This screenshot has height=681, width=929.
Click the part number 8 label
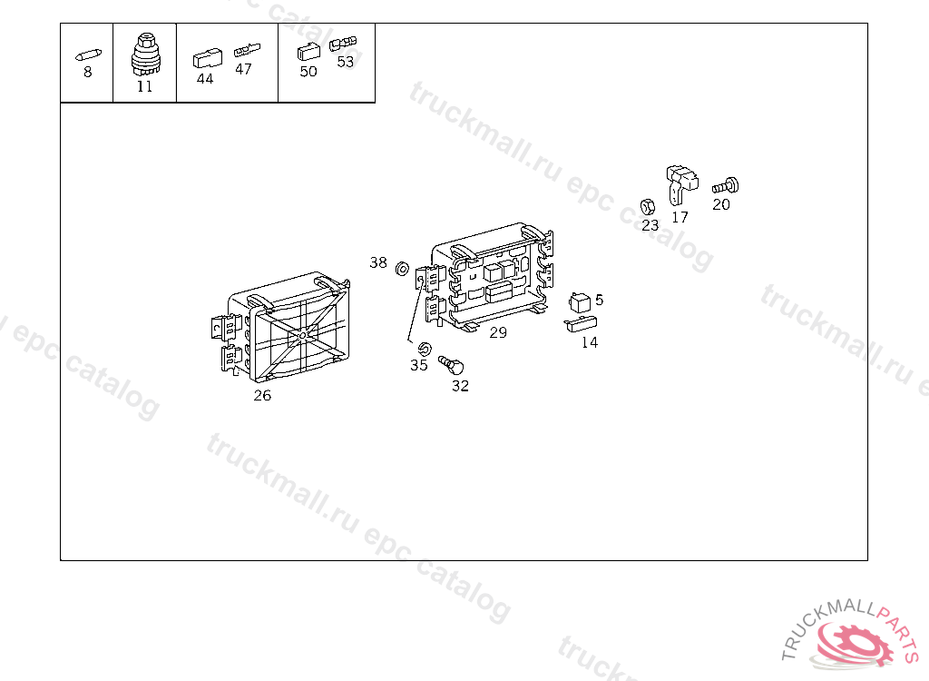(88, 73)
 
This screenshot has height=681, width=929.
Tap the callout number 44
(205, 79)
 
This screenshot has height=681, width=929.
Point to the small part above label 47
(247, 50)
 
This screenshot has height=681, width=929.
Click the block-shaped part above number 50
(308, 52)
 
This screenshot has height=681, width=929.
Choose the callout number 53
(346, 62)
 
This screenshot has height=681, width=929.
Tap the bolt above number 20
(726, 186)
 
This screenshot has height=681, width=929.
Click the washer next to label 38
(402, 269)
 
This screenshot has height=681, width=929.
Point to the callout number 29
(498, 333)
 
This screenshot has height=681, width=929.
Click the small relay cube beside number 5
(580, 302)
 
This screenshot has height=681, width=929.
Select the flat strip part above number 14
(581, 324)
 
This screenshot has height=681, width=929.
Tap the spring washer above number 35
(425, 349)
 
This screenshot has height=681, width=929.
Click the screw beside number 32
(451, 365)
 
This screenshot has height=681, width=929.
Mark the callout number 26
(262, 396)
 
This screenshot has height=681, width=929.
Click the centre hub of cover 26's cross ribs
(303, 336)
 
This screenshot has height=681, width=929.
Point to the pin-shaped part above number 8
(88, 55)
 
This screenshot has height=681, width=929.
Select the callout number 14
(590, 343)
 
